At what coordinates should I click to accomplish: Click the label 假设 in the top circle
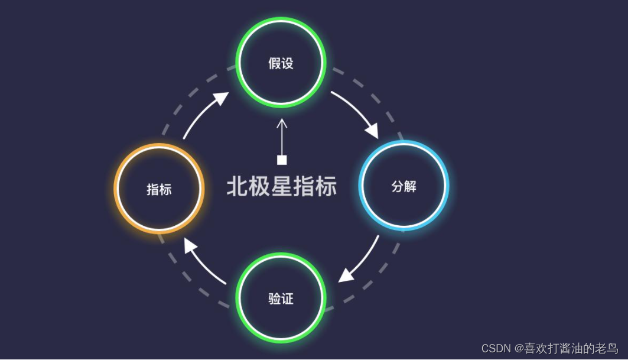click(281, 63)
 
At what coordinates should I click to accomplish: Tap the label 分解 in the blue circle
click(404, 187)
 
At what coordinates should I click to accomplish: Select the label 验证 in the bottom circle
click(281, 299)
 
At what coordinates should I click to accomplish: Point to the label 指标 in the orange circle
click(159, 189)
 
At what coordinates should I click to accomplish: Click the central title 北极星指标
click(282, 186)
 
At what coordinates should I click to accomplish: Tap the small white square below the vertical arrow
click(282, 160)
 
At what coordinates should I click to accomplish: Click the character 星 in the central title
click(281, 186)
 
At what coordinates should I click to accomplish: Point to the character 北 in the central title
click(237, 186)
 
